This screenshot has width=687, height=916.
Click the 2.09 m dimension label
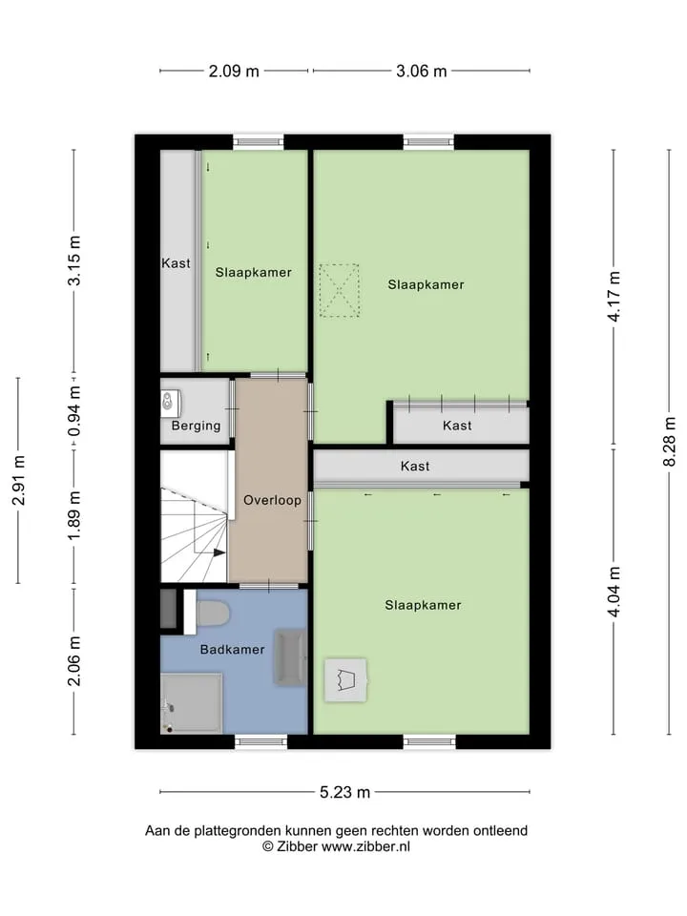pyautogui.click(x=234, y=72)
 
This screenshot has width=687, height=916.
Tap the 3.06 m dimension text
pyautogui.click(x=421, y=72)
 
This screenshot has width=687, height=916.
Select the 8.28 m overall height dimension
pyautogui.click(x=670, y=442)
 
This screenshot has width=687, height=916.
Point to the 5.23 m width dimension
pyautogui.click(x=344, y=792)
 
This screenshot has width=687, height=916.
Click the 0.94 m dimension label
pyautogui.click(x=74, y=411)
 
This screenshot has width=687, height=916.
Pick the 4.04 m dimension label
pyautogui.click(x=614, y=592)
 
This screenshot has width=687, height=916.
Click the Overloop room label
pyautogui.click(x=272, y=500)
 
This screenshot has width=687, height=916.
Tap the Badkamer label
pyautogui.click(x=232, y=649)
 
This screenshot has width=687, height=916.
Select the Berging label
pyautogui.click(x=196, y=426)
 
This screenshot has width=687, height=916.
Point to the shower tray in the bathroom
pyautogui.click(x=192, y=703)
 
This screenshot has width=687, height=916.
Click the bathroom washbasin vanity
pyautogui.click(x=290, y=657)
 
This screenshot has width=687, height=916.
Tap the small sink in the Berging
pyautogui.click(x=170, y=402)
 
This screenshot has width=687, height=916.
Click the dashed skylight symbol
pyautogui.click(x=339, y=290)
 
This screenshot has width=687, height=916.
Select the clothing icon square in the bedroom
pyautogui.click(x=346, y=680)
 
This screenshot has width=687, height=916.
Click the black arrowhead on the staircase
pyautogui.click(x=219, y=552)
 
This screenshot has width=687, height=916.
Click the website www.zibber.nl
pyautogui.click(x=365, y=846)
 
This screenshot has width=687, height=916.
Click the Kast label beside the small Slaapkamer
pyautogui.click(x=176, y=263)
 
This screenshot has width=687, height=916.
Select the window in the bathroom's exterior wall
pyautogui.click(x=260, y=742)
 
